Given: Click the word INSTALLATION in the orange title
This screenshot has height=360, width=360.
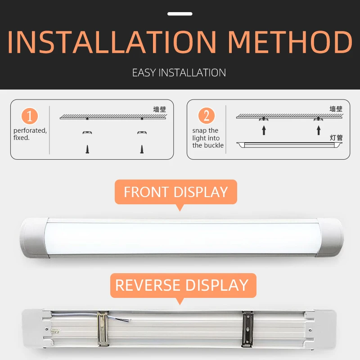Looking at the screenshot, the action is [112, 42].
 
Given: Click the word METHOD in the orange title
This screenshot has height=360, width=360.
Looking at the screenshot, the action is [290, 42].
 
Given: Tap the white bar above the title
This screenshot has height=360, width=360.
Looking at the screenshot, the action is [180, 14].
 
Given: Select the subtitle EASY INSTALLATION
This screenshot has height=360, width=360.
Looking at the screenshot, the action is [179, 73].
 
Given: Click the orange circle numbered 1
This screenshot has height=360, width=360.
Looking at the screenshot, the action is [30, 116].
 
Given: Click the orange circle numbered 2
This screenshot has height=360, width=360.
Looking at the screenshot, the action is [207, 116].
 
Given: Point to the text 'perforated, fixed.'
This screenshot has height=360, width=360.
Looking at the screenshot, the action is [30, 134].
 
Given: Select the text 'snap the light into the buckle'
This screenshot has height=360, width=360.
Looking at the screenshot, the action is [208, 138].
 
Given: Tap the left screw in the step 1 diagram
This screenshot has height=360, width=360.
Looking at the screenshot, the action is [87, 149].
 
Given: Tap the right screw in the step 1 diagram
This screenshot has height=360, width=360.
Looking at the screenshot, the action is [142, 149].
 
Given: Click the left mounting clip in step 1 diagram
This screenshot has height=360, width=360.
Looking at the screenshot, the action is [87, 132].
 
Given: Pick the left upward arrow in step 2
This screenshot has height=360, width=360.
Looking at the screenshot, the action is [264, 130].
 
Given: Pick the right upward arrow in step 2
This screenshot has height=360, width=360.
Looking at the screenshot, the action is [319, 130].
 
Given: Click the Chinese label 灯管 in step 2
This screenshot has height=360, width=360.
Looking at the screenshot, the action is [336, 138].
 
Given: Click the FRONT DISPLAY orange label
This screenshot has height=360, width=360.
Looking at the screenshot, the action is [176, 192].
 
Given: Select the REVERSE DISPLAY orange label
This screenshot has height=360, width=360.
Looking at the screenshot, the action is [183, 285].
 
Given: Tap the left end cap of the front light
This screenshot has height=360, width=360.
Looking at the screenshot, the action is [35, 238].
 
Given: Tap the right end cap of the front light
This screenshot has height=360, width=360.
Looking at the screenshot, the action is [330, 237].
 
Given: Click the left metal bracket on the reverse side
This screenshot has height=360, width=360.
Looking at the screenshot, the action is [103, 328].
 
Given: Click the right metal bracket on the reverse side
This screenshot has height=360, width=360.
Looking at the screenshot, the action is [248, 329].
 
